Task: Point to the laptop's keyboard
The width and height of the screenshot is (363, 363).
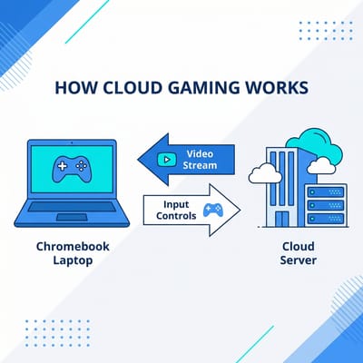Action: tap(66, 205)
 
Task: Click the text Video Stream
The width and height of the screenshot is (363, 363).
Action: tap(199, 159)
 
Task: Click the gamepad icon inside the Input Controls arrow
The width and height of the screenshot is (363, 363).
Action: tap(212, 211)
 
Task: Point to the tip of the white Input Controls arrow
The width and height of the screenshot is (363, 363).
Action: tap(240, 211)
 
